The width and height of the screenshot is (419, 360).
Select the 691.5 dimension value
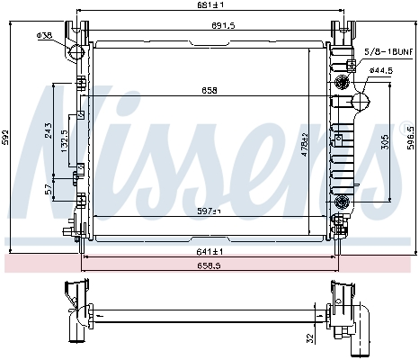click(x=210, y=27)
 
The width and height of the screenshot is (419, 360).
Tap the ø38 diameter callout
click(x=43, y=35)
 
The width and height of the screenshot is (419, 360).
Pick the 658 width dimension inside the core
click(x=209, y=90)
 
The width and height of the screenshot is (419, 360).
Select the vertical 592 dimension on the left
click(x=7, y=137)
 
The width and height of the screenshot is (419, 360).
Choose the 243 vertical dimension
click(x=48, y=131)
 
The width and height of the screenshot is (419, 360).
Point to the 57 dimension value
click(x=47, y=189)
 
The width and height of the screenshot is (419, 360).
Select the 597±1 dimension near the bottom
click(x=209, y=212)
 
